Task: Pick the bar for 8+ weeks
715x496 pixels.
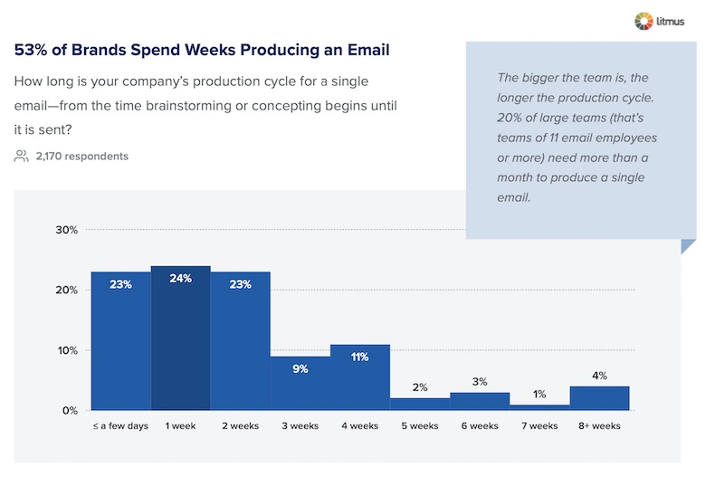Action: click(599, 398)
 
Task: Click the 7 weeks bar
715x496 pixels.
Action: click(539, 407)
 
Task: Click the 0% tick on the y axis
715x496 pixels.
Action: click(70, 411)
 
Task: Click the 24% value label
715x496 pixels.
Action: click(181, 279)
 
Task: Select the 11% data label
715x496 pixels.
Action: click(360, 358)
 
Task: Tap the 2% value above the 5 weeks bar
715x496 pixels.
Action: click(420, 387)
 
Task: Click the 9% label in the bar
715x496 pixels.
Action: click(300, 369)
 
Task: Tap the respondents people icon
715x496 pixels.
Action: click(22, 157)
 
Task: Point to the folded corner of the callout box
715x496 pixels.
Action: click(688, 245)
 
